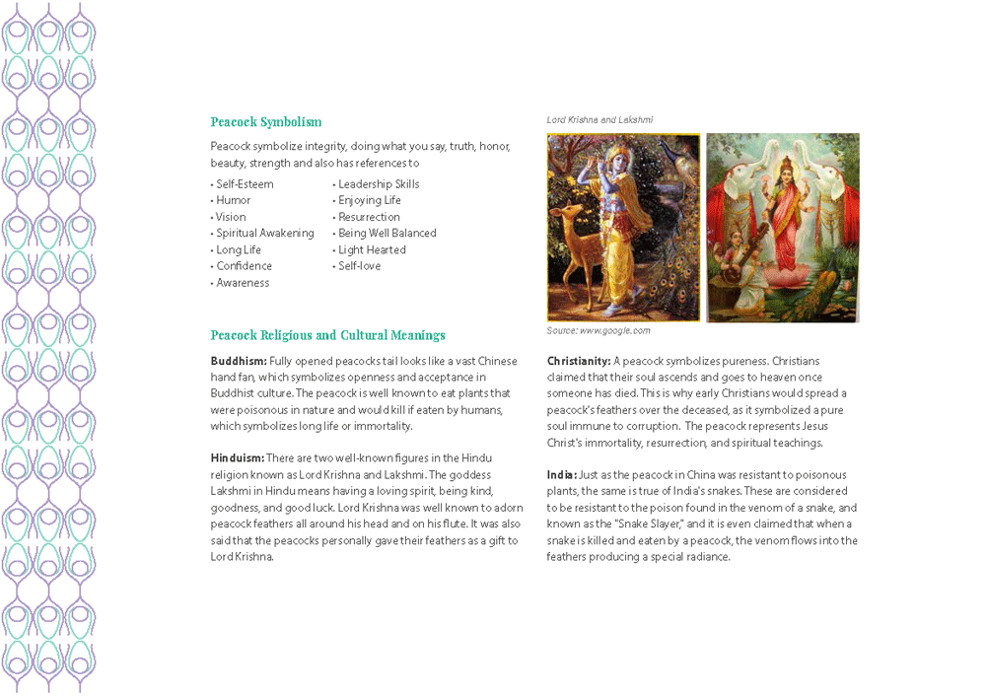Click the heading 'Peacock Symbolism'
pyautogui.click(x=265, y=122)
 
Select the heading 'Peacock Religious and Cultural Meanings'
pyautogui.click(x=327, y=335)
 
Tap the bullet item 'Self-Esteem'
pyautogui.click(x=245, y=184)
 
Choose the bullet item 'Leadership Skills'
pyautogui.click(x=379, y=184)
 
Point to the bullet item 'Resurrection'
pyautogui.click(x=369, y=217)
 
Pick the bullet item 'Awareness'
pyautogui.click(x=243, y=283)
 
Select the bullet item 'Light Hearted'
pyautogui.click(x=372, y=250)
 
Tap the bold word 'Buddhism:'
pyautogui.click(x=238, y=361)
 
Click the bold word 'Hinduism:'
pyautogui.click(x=237, y=458)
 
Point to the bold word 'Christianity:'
pyautogui.click(x=579, y=361)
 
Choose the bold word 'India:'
pyautogui.click(x=562, y=475)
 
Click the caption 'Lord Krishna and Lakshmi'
pyautogui.click(x=599, y=120)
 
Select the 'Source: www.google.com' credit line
pyautogui.click(x=599, y=331)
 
